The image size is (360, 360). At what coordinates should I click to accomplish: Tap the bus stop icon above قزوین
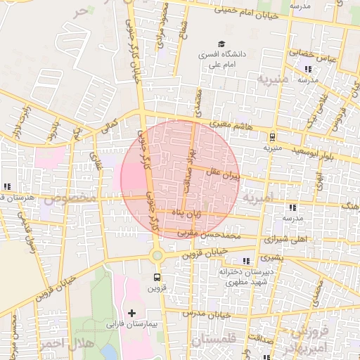156,277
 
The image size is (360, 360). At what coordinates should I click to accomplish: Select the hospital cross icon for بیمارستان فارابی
132,311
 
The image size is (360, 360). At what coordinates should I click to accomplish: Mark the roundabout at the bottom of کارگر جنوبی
156,256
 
